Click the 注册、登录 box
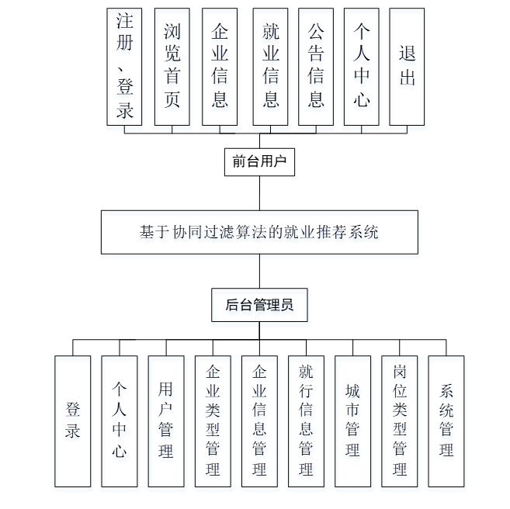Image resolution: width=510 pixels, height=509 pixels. (x=125, y=67)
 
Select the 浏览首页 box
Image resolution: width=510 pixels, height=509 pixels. (x=172, y=67)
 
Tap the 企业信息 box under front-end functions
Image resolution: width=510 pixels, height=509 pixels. (x=220, y=67)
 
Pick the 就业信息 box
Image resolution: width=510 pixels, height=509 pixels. (x=270, y=67)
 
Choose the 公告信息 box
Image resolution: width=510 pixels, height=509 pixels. (x=316, y=67)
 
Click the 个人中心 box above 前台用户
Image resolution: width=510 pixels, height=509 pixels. (x=362, y=67)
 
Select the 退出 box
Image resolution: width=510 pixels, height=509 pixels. (x=407, y=67)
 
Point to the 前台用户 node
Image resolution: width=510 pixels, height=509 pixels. (x=259, y=162)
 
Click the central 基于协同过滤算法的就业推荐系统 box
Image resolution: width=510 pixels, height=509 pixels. (x=259, y=232)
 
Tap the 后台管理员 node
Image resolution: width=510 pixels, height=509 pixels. (x=259, y=305)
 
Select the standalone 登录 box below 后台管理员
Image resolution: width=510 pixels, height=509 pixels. (x=73, y=421)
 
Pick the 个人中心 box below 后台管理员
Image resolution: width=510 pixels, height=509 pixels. (x=120, y=421)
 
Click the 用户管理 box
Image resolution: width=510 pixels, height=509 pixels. (x=166, y=421)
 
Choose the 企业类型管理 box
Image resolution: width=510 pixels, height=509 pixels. (x=213, y=421)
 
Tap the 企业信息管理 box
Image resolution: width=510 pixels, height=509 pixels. (x=259, y=421)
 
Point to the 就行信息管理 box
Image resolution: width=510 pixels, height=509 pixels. (x=306, y=421)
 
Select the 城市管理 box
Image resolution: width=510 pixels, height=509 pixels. (x=352, y=421)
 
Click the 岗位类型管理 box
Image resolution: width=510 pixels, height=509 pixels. (x=400, y=421)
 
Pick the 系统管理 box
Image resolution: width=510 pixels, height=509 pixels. (x=446, y=421)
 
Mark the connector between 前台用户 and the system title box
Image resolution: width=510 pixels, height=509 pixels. (x=259, y=194)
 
